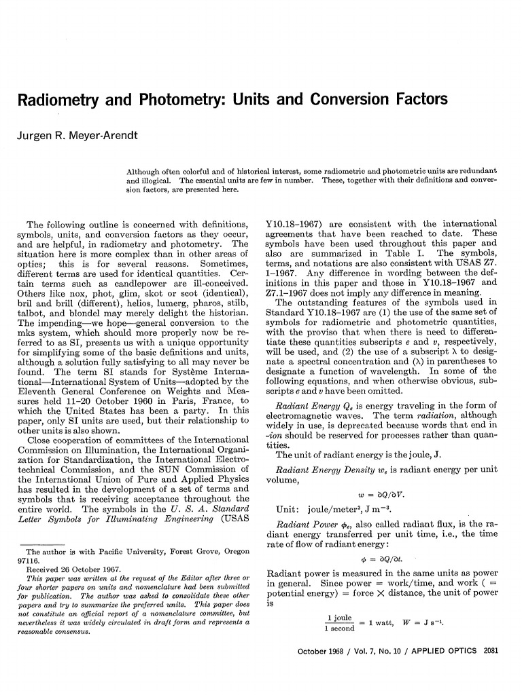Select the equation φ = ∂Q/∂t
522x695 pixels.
coord(381,560)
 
